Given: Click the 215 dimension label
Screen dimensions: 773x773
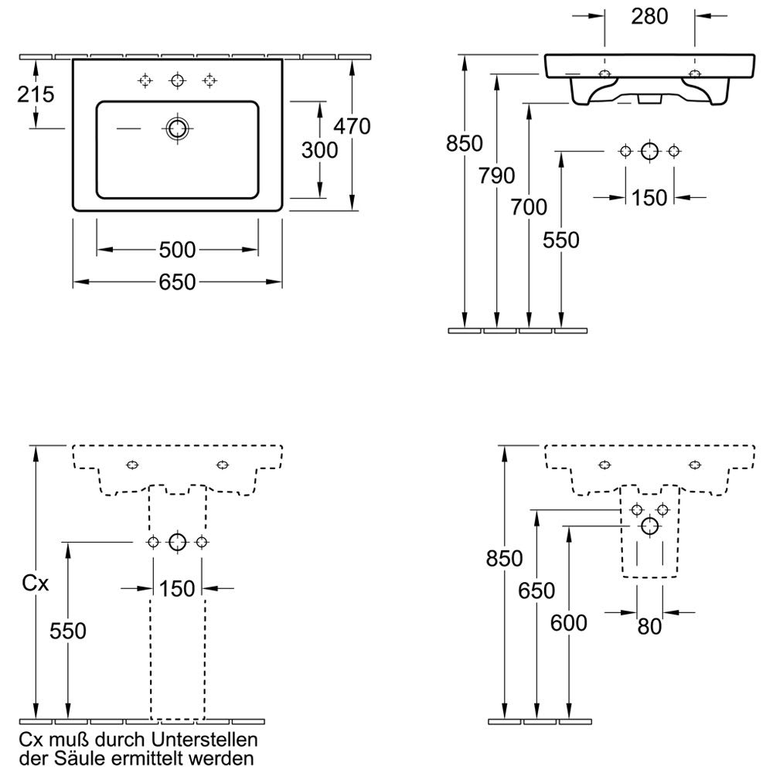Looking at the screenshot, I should tap(36, 94).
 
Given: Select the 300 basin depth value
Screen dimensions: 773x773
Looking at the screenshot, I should tap(320, 150).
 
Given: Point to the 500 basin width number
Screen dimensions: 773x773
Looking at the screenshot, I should tap(177, 250).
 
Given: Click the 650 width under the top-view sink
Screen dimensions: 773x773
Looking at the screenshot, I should tap(177, 283).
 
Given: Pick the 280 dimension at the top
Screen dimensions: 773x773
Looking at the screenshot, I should tap(649, 15).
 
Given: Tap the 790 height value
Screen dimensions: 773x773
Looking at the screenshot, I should tap(496, 176).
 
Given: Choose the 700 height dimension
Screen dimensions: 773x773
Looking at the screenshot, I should tap(528, 206).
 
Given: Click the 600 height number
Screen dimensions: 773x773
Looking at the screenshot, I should tap(569, 621).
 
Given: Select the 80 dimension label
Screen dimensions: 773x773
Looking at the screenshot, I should tap(650, 627).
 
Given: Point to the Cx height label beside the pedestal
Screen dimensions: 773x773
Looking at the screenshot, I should tap(35, 584).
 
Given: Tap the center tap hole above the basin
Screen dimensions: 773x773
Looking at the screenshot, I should tap(178, 80).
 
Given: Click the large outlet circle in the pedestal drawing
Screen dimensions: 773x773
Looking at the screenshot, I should tap(178, 542).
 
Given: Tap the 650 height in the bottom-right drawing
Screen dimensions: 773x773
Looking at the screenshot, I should tap(536, 591).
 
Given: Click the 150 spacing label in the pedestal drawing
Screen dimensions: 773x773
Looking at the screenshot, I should tap(178, 589).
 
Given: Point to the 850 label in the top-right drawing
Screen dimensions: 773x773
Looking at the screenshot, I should tap(464, 144).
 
